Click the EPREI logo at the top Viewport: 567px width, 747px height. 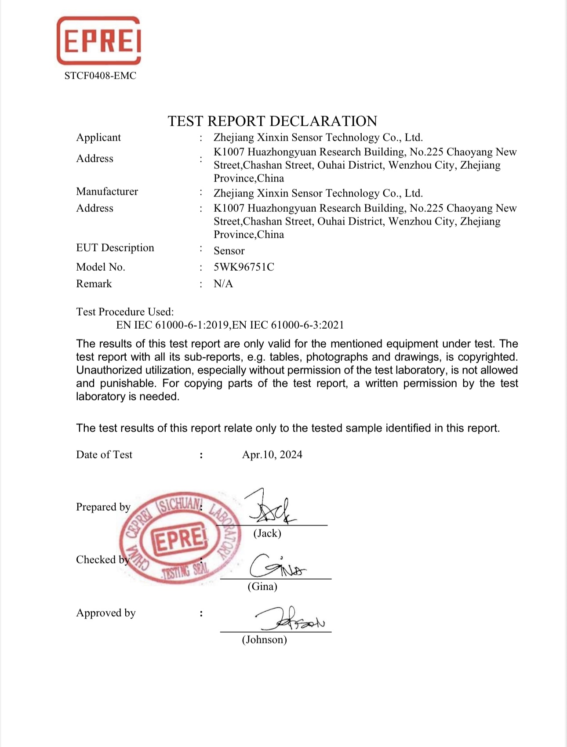click(x=99, y=40)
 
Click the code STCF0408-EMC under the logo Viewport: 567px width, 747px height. click(x=100, y=76)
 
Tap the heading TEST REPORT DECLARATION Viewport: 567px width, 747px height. click(x=273, y=121)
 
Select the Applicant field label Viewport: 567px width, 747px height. click(x=98, y=138)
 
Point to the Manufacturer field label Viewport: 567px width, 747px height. click(x=107, y=192)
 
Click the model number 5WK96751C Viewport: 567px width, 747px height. click(x=244, y=267)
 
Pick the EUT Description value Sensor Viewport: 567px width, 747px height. click(x=229, y=251)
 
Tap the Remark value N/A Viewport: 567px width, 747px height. click(x=223, y=284)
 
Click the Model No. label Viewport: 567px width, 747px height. click(x=101, y=267)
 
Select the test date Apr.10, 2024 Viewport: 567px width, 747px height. click(x=272, y=455)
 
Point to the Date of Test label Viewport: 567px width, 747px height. click(x=104, y=455)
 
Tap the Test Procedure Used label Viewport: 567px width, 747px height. click(x=125, y=312)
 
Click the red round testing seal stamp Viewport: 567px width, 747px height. click(x=180, y=538)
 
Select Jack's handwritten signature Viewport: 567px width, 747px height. click(x=272, y=508)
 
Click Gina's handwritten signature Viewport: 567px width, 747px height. click(x=277, y=566)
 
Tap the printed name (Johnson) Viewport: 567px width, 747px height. click(x=264, y=640)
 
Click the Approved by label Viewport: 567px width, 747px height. click(x=106, y=613)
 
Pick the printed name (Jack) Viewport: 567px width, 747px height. click(x=267, y=533)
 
